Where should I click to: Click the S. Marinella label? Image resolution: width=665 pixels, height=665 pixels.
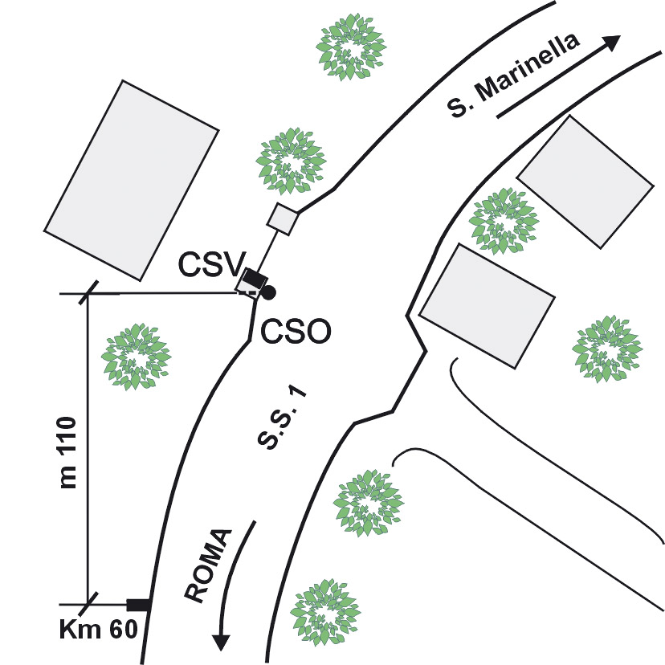point(515,76)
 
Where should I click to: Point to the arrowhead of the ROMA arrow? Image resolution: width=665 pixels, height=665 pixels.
point(220,642)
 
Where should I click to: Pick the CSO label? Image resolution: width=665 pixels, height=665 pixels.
point(296,330)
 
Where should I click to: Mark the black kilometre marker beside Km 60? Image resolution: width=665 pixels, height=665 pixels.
point(139,604)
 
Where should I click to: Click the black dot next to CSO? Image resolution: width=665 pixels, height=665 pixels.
point(269,292)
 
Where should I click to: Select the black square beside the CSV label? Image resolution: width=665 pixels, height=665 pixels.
point(255,278)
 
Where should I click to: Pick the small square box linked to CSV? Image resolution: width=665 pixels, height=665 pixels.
point(282,218)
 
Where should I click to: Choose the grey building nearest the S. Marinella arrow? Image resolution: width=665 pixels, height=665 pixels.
point(584,182)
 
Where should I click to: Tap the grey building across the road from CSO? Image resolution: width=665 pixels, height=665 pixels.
point(487,305)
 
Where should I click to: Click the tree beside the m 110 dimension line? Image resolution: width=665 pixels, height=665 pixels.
point(137,356)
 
